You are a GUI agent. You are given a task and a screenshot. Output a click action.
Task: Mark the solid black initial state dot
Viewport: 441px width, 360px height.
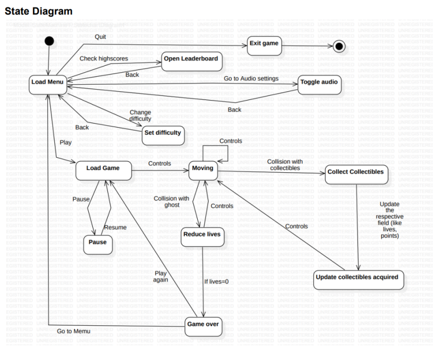[50, 41]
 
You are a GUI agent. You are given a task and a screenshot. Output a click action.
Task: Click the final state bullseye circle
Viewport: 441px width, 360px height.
[339, 47]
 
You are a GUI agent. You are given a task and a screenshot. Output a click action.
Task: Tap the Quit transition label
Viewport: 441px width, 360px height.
[100, 37]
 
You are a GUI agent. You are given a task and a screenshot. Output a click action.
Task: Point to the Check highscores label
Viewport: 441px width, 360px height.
[103, 59]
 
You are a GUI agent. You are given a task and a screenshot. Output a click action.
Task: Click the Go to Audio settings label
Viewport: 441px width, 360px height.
[251, 78]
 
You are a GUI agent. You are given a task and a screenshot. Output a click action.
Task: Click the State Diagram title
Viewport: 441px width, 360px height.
[38, 11]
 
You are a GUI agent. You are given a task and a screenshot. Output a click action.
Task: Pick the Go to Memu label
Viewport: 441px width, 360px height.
[74, 331]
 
